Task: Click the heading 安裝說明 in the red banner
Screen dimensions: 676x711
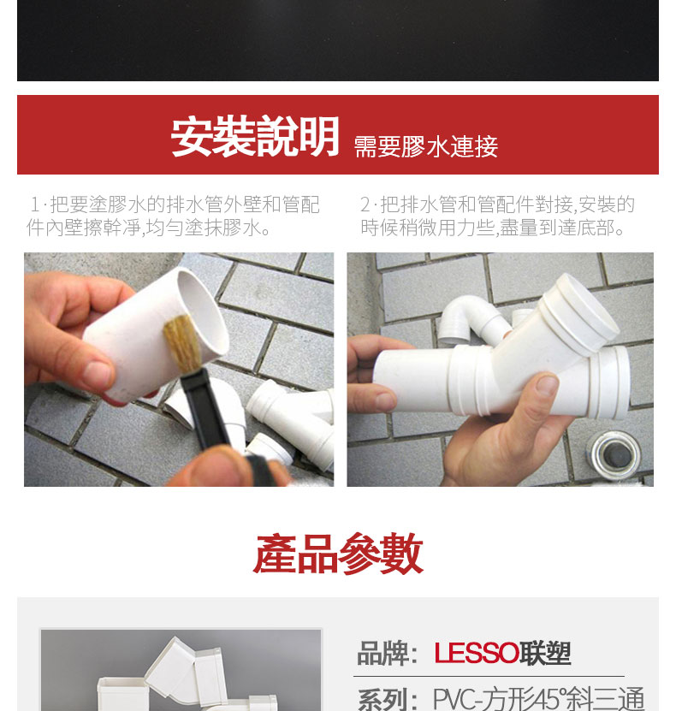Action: [x=255, y=137]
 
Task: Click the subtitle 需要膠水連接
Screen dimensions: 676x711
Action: [x=426, y=146]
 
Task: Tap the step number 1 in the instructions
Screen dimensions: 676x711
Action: [x=35, y=204]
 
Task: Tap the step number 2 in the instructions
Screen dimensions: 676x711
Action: [x=365, y=204]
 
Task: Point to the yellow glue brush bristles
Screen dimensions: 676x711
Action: [x=183, y=343]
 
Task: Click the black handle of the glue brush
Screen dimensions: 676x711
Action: [x=206, y=411]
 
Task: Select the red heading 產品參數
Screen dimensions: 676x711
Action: [x=338, y=554]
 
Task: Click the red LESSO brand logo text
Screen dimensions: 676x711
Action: [x=476, y=654]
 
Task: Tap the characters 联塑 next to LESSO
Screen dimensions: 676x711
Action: [x=544, y=654]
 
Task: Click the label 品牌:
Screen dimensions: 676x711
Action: [x=387, y=654]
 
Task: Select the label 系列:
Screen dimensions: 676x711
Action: [x=387, y=699]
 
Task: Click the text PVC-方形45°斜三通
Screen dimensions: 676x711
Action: [x=538, y=699]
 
